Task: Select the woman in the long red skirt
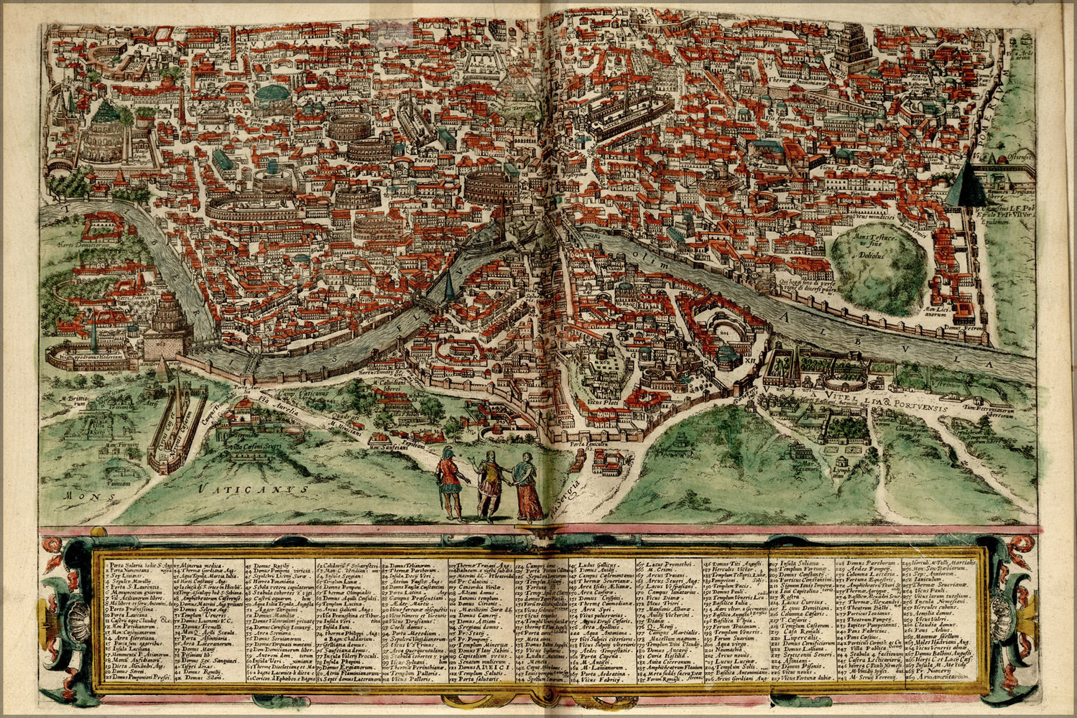pyautogui.click(x=527, y=488)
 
